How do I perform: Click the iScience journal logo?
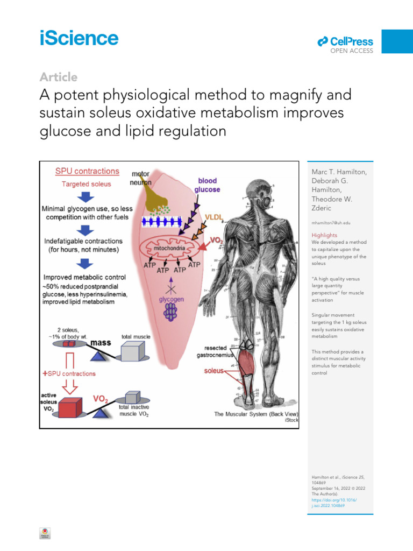tap(79, 39)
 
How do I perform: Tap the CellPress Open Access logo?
tap(345, 43)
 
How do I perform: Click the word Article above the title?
tap(59, 77)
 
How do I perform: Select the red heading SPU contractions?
tap(87, 171)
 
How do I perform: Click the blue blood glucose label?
tap(207, 185)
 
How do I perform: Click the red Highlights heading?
tap(324, 235)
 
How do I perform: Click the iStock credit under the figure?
tap(291, 420)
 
